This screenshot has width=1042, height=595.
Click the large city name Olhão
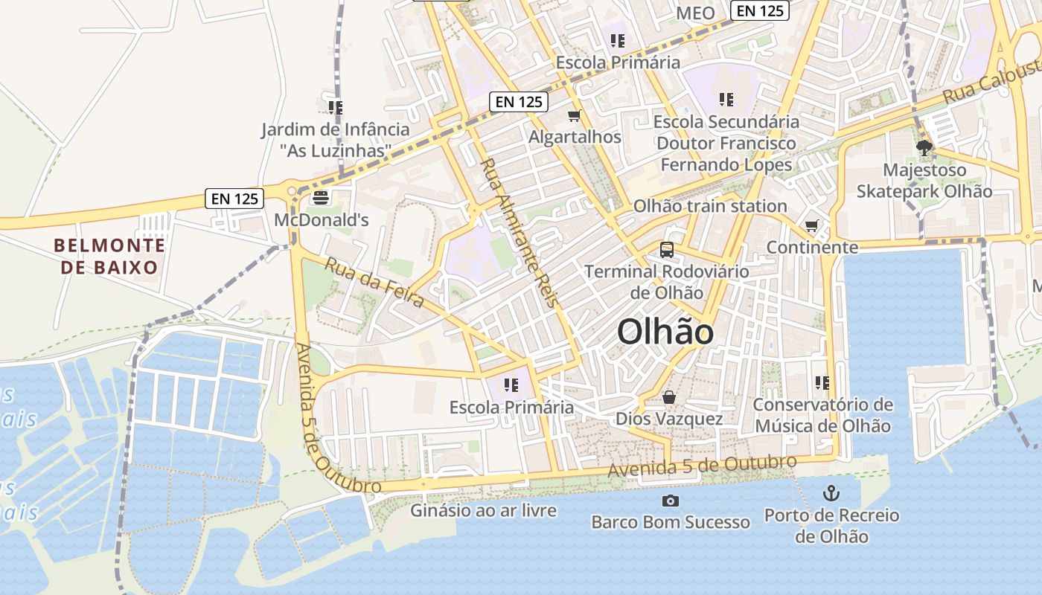[665, 332]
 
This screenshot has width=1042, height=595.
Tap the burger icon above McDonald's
[321, 198]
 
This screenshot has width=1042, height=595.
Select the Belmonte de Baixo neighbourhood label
[109, 256]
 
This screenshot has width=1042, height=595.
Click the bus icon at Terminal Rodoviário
[667, 250]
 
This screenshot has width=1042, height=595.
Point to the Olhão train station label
[710, 206]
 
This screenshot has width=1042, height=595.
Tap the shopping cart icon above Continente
[812, 225]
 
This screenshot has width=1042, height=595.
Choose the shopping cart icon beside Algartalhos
[574, 115]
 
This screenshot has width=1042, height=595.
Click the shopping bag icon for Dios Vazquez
[669, 397]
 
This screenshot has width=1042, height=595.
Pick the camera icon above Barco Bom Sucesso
[671, 501]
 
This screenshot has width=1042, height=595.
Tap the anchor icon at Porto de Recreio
[831, 493]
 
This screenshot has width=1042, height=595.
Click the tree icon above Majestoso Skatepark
[924, 148]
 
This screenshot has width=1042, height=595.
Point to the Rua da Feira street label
[374, 283]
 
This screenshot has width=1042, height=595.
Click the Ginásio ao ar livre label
[483, 510]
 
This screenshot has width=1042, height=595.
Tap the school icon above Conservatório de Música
[822, 383]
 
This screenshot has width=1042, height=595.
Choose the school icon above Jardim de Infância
[335, 108]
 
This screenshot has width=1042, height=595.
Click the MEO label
[695, 13]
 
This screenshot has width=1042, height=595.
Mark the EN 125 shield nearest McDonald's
[234, 199]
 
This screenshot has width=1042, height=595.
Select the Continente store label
[812, 247]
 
